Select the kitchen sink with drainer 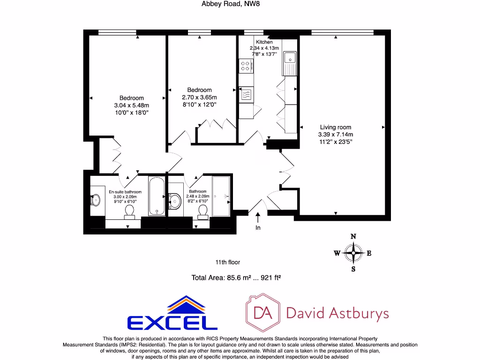click(x=290, y=63)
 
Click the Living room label click(x=335, y=127)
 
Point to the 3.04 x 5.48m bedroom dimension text click(x=131, y=105)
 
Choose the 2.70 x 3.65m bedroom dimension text click(x=199, y=97)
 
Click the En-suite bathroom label click(x=125, y=192)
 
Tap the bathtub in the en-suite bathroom click(x=157, y=196)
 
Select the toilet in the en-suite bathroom click(x=129, y=211)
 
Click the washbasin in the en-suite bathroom click(x=96, y=200)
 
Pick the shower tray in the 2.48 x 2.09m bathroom click(x=221, y=196)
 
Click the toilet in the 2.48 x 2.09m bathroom click(x=203, y=212)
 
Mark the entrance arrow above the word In click(x=258, y=217)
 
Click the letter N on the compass click(x=353, y=236)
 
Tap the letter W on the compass click(x=337, y=254)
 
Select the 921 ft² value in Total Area click(x=268, y=277)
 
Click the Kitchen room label click(x=264, y=42)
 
